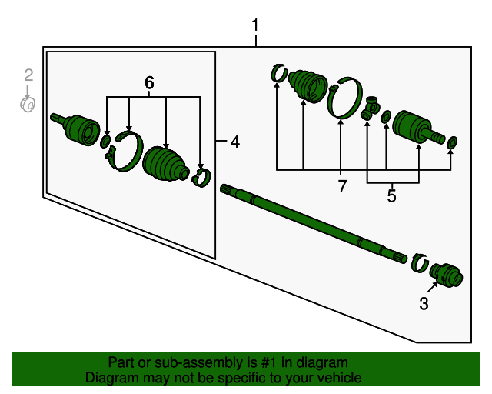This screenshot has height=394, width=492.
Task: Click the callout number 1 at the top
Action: click(255, 27)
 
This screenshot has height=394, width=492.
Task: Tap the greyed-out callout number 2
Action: click(28, 75)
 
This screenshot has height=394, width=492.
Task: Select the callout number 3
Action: click(424, 304)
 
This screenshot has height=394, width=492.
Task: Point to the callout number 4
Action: click(234, 142)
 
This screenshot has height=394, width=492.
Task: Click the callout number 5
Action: click(391, 196)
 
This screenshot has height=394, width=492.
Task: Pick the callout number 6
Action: click(149, 82)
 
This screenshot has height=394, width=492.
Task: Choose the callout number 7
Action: click(342, 185)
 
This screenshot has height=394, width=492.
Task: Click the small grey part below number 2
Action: click(28, 103)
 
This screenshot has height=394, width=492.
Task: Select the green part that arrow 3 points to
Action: click(447, 273)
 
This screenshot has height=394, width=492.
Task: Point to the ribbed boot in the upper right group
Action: click(308, 85)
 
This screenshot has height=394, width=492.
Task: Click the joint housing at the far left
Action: click(78, 128)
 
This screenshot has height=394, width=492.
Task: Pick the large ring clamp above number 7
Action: click(345, 99)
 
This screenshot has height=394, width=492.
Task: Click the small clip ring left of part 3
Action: click(419, 262)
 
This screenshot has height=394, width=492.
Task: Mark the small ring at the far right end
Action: click(453, 142)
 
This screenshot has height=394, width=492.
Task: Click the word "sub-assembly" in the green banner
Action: click(181, 362)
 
